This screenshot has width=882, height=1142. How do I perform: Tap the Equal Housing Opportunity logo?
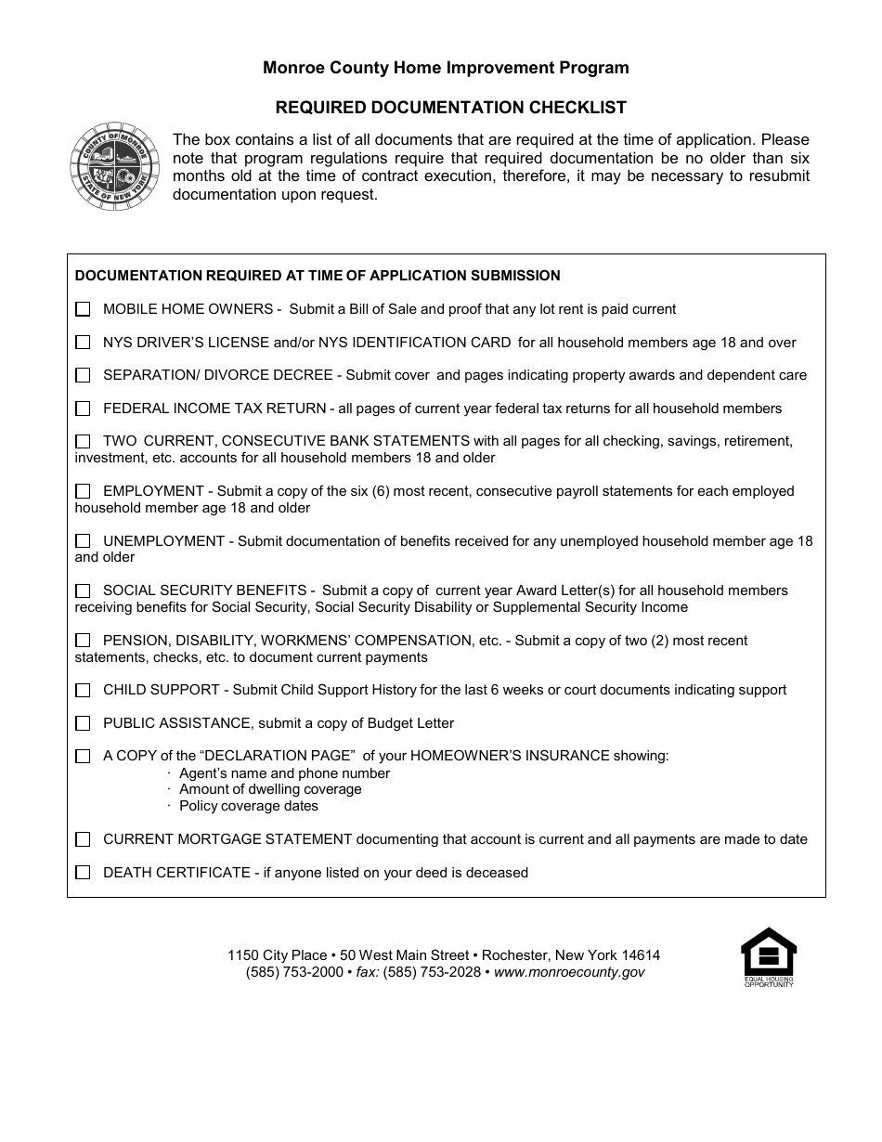(768, 956)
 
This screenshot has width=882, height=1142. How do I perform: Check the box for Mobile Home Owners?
(83, 309)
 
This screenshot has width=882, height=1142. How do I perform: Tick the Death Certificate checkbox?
(83, 873)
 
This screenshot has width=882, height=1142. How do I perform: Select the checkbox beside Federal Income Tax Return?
(83, 409)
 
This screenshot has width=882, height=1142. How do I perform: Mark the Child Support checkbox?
(83, 691)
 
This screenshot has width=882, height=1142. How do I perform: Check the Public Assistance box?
(83, 723)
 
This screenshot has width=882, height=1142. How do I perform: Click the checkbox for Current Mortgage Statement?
(83, 839)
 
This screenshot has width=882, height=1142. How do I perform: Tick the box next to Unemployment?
(83, 541)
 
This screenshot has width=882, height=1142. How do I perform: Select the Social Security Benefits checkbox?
(83, 590)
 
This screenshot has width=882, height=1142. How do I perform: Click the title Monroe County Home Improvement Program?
(446, 68)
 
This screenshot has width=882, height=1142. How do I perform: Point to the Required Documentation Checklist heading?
(446, 108)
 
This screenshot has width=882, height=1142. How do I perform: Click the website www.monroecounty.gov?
(569, 972)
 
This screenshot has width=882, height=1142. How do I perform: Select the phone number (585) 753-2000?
(294, 972)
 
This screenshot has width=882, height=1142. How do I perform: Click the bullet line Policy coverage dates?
(248, 806)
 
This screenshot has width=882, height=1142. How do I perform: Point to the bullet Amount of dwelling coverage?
(270, 789)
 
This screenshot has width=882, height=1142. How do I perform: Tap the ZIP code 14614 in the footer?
(641, 955)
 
